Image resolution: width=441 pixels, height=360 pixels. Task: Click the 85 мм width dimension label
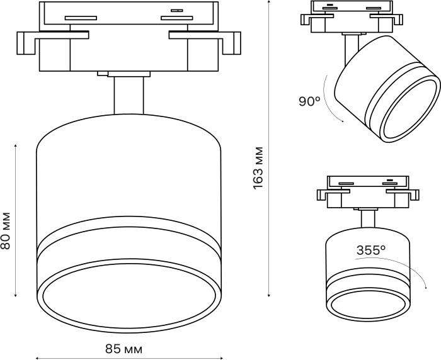(x=123, y=349)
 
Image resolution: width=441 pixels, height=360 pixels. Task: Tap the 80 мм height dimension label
(x=6, y=230)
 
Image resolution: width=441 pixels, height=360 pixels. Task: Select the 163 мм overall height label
(x=258, y=168)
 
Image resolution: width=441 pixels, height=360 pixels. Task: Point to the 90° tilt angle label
(x=309, y=101)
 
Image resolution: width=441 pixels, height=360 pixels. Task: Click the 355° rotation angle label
(x=371, y=250)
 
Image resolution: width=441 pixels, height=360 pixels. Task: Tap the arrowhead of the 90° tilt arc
(x=343, y=121)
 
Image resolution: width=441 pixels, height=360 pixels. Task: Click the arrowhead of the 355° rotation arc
(x=426, y=287)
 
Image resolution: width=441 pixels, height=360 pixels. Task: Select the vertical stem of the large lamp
(x=129, y=96)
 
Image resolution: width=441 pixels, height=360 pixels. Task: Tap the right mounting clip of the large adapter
(x=205, y=42)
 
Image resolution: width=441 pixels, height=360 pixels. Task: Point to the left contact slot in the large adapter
(x=81, y=18)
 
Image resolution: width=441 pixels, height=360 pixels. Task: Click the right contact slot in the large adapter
(x=176, y=18)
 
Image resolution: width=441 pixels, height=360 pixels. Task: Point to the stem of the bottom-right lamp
(x=367, y=218)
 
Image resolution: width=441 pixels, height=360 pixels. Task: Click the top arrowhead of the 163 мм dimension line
(x=269, y=1)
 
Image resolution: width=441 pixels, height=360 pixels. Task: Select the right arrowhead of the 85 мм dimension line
(x=222, y=358)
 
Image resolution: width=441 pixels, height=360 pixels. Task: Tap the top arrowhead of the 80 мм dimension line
(x=16, y=145)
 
